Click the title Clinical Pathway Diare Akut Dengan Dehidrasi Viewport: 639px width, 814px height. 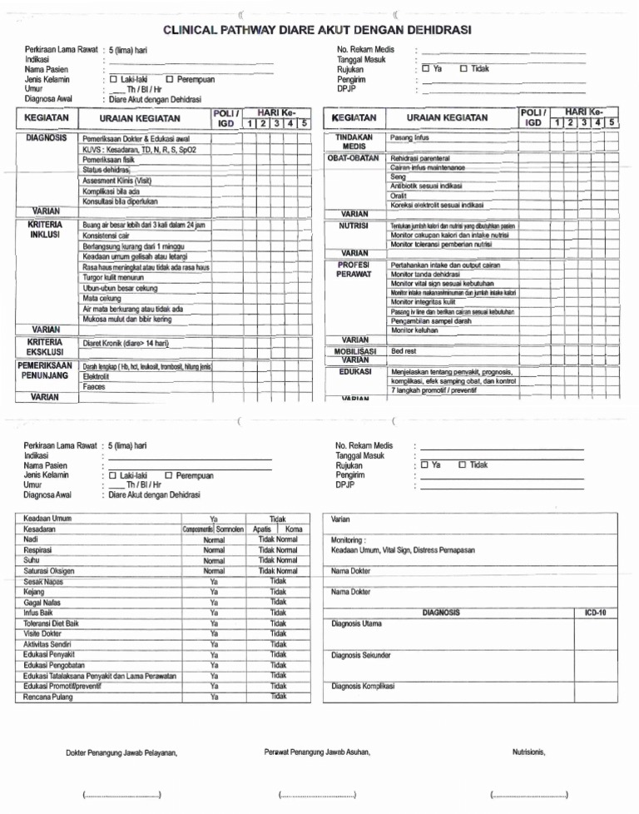point(317,30)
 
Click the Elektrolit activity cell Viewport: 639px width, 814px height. point(97,376)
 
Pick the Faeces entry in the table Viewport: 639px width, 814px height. point(94,387)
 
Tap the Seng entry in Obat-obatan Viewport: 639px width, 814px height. point(398,177)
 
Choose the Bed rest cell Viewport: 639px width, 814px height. point(404,351)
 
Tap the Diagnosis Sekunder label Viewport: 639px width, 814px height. point(360,655)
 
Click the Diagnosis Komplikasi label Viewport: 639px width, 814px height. point(363,687)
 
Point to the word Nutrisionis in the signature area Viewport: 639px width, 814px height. point(528,752)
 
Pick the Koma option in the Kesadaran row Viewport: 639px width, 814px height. point(293,529)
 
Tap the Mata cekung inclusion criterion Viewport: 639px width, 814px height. point(102,297)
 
